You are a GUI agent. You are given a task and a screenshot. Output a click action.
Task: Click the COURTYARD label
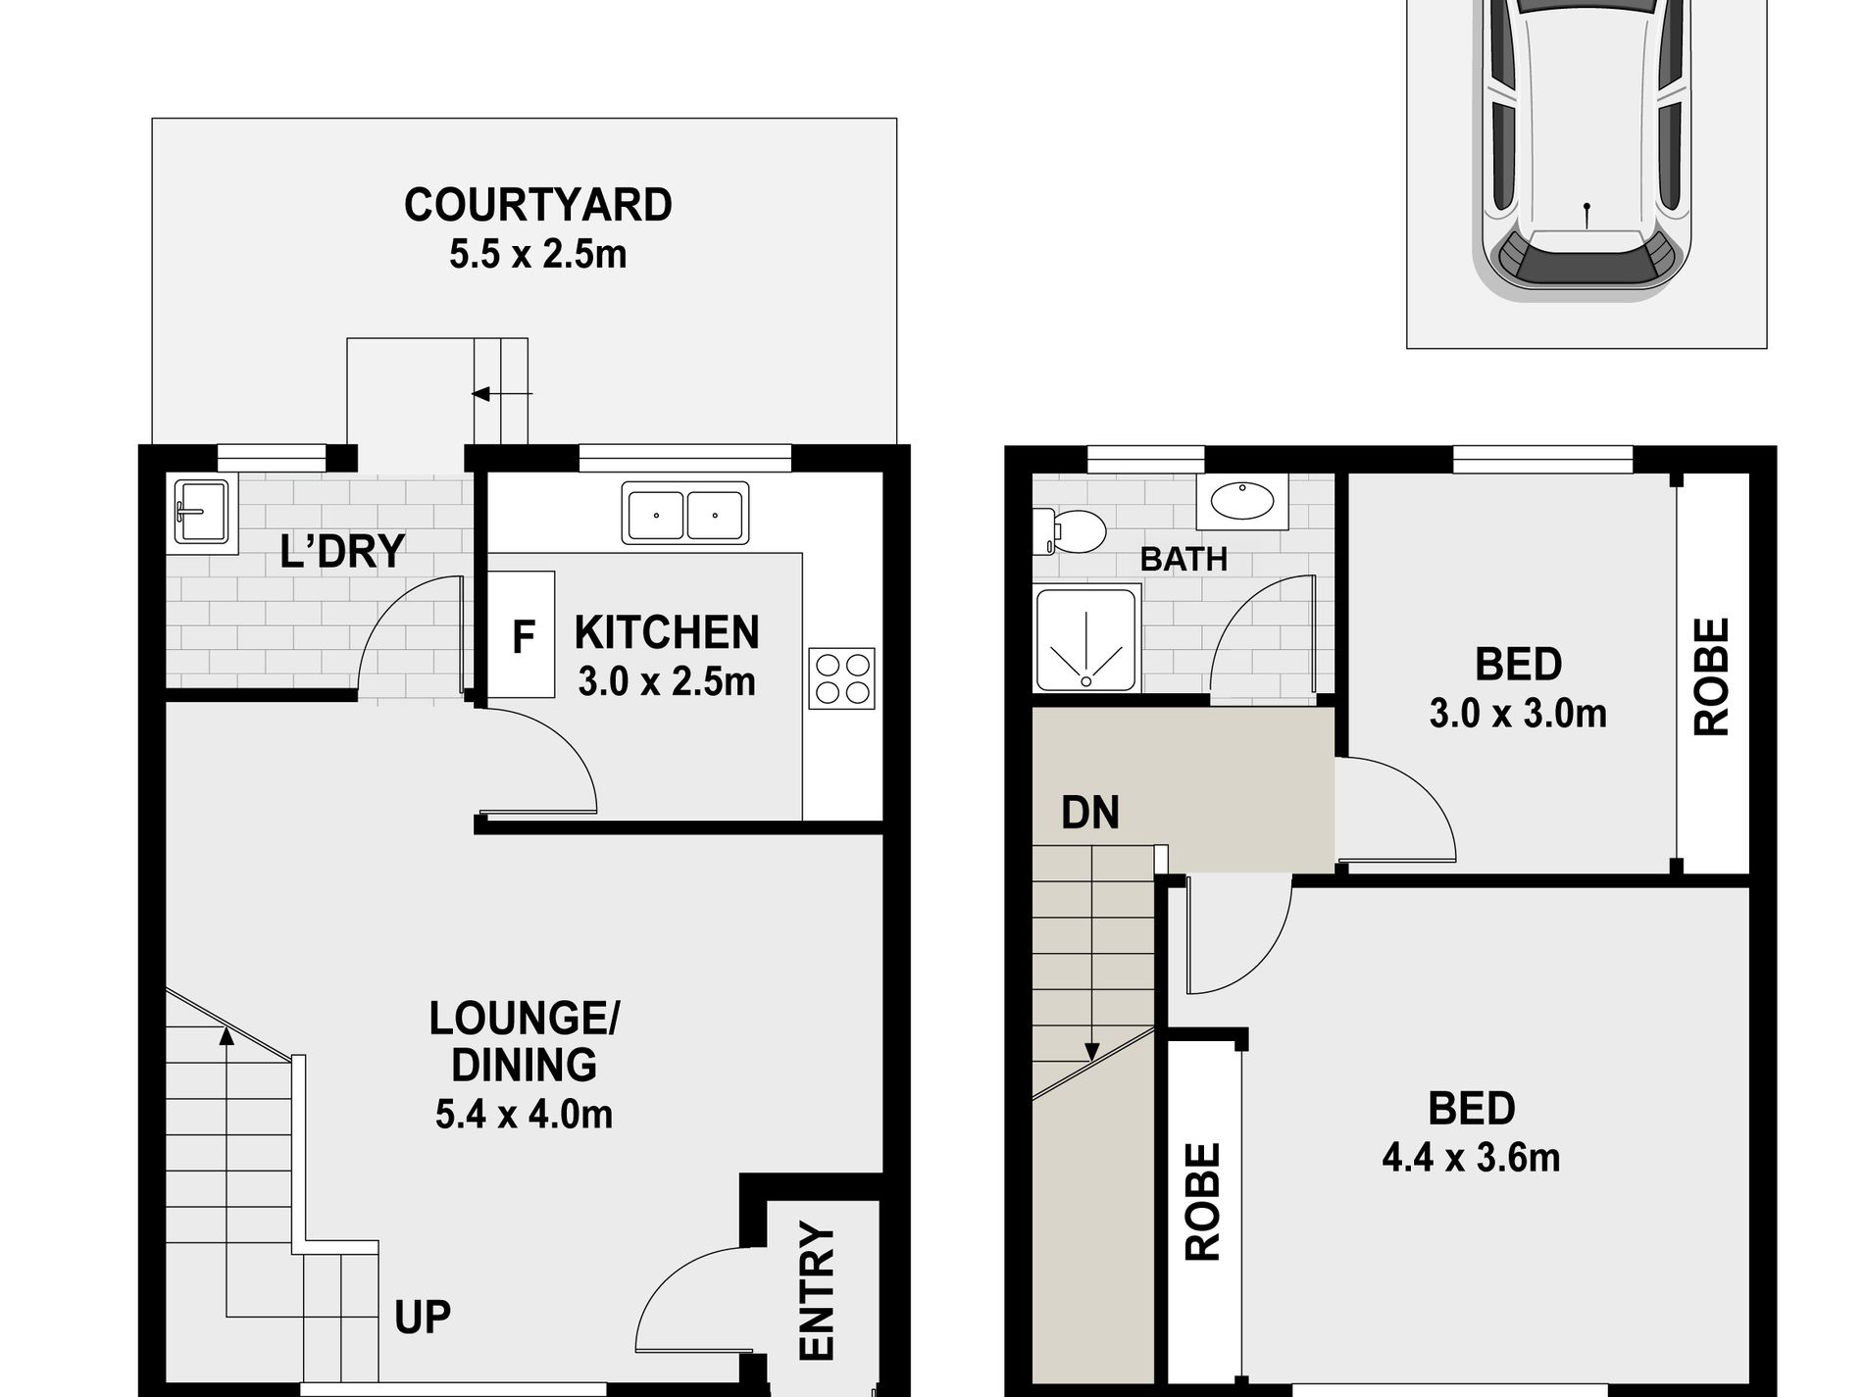(x=537, y=206)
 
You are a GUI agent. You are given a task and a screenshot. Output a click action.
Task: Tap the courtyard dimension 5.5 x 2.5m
(x=537, y=255)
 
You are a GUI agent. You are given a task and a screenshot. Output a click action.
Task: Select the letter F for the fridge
(x=524, y=638)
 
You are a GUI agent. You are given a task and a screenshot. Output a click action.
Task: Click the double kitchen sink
(x=685, y=513)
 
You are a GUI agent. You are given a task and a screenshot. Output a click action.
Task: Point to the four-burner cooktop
(x=841, y=678)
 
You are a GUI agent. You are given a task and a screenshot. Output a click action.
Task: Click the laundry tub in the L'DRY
(x=202, y=510)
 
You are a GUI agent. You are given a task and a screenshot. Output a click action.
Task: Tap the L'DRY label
(x=342, y=552)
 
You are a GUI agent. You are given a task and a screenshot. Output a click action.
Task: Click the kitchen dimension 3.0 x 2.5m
(x=667, y=681)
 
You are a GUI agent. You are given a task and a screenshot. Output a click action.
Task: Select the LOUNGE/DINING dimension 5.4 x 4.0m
(x=524, y=1115)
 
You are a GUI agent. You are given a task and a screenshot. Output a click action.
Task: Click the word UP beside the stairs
(x=423, y=1319)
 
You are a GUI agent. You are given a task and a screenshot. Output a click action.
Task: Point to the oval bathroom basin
(x=1241, y=501)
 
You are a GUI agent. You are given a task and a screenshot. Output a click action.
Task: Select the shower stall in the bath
(x=1086, y=638)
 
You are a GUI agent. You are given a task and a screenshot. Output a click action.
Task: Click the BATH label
(x=1183, y=560)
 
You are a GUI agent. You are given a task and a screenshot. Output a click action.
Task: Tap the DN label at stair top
(x=1090, y=813)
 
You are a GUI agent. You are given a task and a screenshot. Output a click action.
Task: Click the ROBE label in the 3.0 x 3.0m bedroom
(x=1712, y=676)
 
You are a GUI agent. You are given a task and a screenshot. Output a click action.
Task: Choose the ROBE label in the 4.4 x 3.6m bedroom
(x=1203, y=1201)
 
